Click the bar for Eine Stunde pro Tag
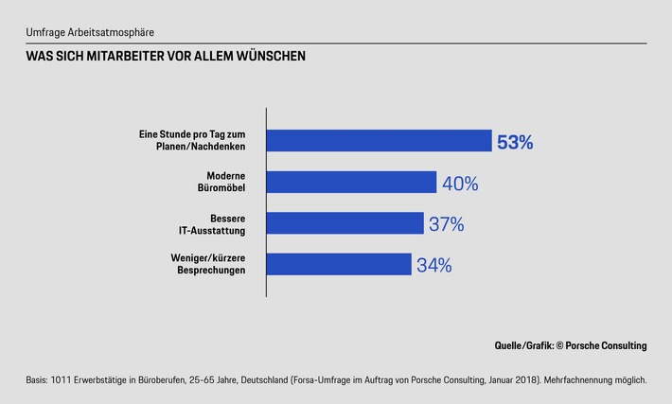tap(379, 141)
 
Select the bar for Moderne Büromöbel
tap(350, 183)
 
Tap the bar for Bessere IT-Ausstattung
tap(345, 223)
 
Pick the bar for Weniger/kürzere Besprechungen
tap(338, 264)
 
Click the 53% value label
tap(516, 143)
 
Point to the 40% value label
tap(460, 184)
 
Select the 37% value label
tap(446, 224)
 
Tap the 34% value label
tap(433, 265)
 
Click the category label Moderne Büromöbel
tap(227, 183)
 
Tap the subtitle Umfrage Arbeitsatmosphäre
tap(89, 33)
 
